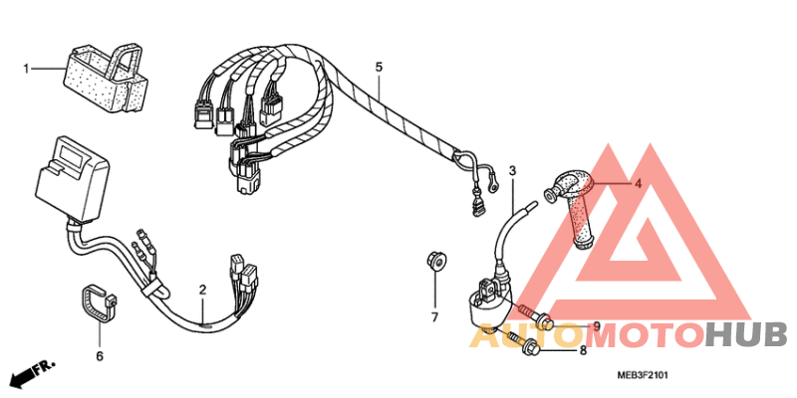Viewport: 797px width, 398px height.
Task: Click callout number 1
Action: (28, 69)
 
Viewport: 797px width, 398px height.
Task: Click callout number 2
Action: (202, 291)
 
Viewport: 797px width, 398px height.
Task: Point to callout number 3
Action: (512, 171)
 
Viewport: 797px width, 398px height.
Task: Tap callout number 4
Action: (639, 183)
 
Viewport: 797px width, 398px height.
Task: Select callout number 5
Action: (379, 68)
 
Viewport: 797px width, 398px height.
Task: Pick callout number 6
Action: (100, 355)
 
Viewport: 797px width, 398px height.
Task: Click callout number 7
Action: (434, 317)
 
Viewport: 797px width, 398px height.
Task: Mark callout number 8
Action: (583, 349)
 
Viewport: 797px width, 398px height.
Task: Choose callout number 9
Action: (596, 326)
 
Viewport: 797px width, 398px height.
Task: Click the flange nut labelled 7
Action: (434, 261)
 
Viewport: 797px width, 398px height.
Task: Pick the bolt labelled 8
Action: (523, 345)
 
